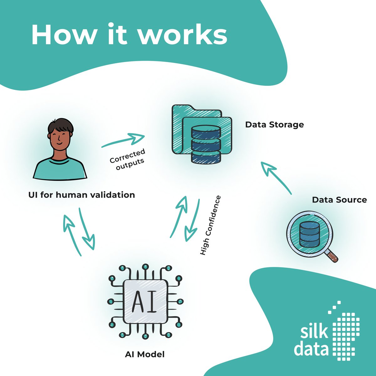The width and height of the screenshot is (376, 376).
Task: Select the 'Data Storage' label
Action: [x=274, y=124]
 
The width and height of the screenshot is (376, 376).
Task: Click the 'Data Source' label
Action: [x=339, y=200]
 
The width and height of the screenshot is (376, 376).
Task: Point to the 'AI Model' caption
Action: [x=145, y=354]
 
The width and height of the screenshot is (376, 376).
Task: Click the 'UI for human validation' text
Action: [x=81, y=195]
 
